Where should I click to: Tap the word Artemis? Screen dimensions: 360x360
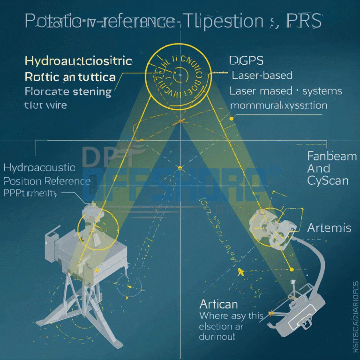point(329,228)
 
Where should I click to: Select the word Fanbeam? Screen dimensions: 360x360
point(332,156)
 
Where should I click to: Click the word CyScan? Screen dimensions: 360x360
point(328,180)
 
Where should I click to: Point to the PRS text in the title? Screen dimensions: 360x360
point(304,21)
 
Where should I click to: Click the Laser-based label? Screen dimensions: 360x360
point(262,75)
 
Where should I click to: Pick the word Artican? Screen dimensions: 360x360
point(218,303)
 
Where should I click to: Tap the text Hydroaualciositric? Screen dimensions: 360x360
point(78,61)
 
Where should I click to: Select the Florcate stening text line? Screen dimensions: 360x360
point(68,91)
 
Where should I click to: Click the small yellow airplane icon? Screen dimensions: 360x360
point(241,270)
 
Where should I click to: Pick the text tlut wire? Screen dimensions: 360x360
point(45,105)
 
